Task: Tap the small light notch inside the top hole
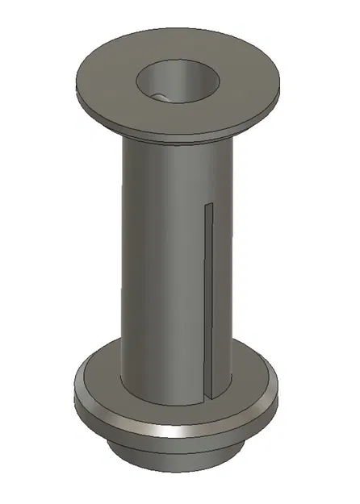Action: pos(161,97)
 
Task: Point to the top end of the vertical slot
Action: pos(207,206)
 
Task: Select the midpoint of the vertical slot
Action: pos(207,302)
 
